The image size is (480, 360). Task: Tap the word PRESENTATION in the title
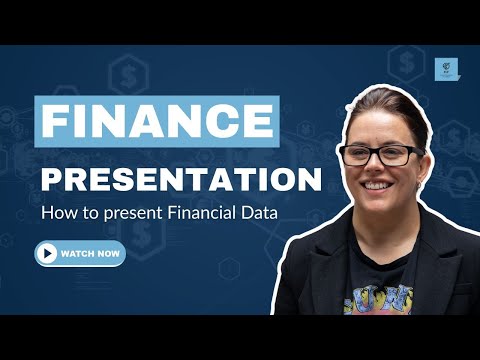coord(181,181)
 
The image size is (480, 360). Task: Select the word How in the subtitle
coord(57,213)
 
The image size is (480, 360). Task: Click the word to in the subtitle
coord(86,213)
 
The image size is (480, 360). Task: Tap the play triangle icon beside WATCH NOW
coord(47,254)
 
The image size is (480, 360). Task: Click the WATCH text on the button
coord(78,254)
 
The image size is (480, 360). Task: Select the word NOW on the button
coord(110,254)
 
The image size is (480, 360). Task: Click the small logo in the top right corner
coord(447,68)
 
